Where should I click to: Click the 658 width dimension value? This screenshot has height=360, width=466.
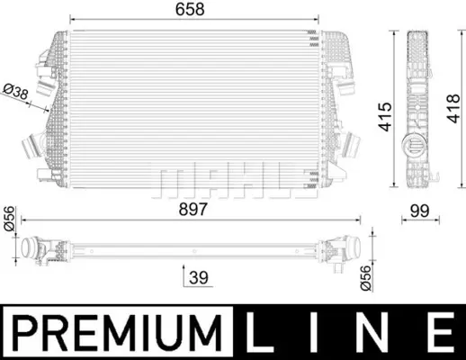coord(190,9)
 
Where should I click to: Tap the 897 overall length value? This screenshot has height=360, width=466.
coord(193,209)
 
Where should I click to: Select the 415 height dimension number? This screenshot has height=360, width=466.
coord(385,117)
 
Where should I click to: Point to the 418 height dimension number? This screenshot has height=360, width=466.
coord(453,109)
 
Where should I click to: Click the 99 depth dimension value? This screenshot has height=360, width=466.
coord(420,211)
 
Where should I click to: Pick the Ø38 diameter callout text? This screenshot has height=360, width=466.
coord(15,92)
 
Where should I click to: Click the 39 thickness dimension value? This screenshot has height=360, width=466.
coord(199,277)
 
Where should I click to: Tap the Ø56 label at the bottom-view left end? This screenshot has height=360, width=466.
coord(9,218)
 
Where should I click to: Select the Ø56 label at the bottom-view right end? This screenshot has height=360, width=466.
coord(365,278)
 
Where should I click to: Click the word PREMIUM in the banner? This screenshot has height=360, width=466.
coord(118,333)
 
